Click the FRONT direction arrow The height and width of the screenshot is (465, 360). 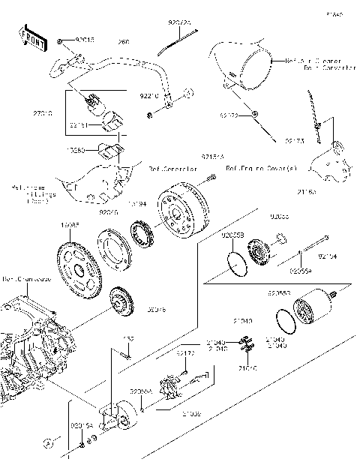[31, 41]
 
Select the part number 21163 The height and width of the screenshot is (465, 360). [308, 192]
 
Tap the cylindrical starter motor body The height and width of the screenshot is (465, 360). [309, 310]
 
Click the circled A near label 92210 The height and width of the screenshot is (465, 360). [190, 93]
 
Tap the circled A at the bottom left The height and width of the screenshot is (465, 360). [46, 442]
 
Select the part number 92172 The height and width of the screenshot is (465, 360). [185, 352]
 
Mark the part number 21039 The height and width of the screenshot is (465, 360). [191, 412]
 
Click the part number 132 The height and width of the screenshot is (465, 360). [128, 339]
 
